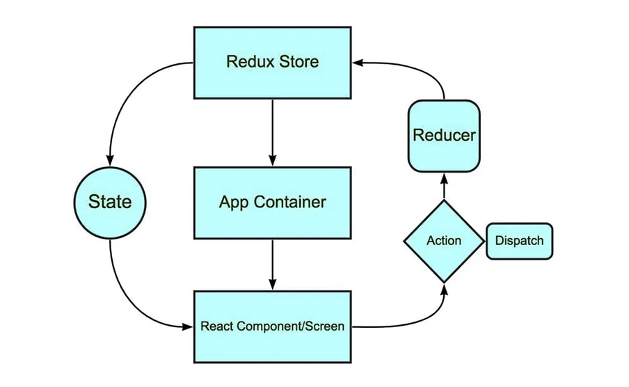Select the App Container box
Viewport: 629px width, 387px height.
[x=272, y=202]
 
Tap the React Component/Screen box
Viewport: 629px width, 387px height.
[x=272, y=325]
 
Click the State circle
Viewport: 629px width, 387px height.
[x=110, y=202]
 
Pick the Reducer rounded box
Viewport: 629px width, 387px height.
[x=444, y=135]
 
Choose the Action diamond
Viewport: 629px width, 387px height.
[x=444, y=241]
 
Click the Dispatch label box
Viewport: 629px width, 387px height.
[x=519, y=241]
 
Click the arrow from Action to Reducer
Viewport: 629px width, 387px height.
[x=444, y=187]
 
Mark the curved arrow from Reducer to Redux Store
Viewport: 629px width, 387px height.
[x=424, y=68]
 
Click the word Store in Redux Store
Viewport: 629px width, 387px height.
[x=297, y=62]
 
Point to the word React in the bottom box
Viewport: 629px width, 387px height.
[x=216, y=325]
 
